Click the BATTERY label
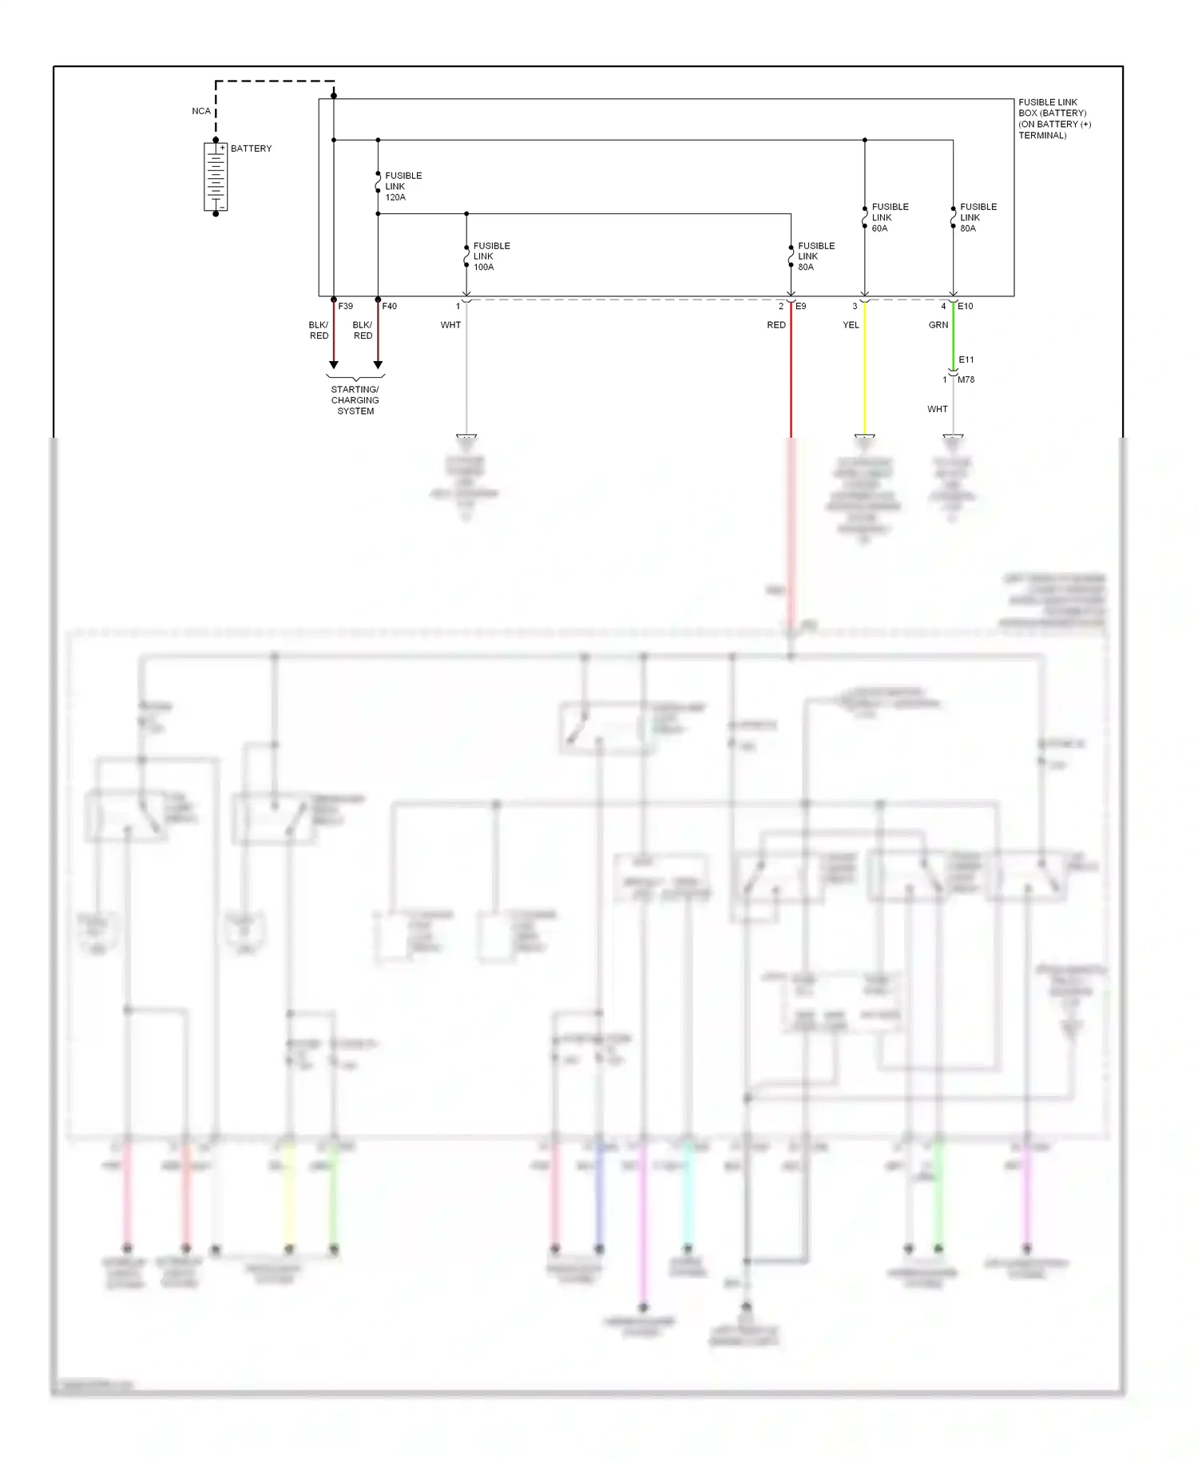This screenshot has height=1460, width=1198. (251, 149)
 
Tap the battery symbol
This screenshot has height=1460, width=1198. (216, 177)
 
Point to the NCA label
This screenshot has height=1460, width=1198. (201, 111)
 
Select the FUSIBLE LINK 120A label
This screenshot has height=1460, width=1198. (403, 186)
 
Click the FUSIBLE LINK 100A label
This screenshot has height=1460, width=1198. (491, 256)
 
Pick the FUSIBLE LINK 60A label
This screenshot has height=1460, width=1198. (890, 217)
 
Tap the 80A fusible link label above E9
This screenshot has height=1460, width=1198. (816, 256)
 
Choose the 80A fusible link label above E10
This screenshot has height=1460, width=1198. (978, 217)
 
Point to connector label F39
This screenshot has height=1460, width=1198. (345, 306)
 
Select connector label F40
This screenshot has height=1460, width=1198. (389, 306)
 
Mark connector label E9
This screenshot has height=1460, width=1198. (801, 306)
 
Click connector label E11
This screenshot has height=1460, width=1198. (966, 359)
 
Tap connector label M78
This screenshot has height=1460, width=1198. (966, 379)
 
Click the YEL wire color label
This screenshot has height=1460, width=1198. (851, 325)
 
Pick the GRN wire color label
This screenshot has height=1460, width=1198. (938, 325)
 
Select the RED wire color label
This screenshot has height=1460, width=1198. (776, 325)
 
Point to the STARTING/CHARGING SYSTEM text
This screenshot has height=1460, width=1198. (355, 400)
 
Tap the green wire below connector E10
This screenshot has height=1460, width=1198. (953, 335)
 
